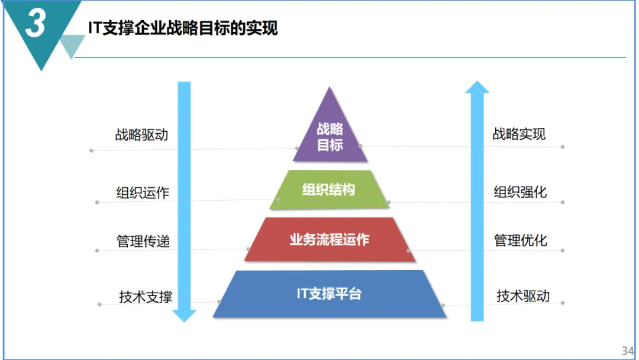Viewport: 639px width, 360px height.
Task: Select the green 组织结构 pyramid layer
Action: tap(329, 189)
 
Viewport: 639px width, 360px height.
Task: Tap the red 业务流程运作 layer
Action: tap(330, 239)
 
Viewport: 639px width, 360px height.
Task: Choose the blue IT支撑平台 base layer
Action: tap(330, 294)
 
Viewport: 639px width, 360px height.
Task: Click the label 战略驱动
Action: tap(141, 134)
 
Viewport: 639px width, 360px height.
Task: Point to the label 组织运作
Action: tap(143, 192)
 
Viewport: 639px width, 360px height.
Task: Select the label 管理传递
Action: tap(143, 242)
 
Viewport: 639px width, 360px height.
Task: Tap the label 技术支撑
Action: tap(146, 297)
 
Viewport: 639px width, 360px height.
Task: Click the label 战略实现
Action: tap(519, 134)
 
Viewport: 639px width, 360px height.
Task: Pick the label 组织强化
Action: tap(521, 192)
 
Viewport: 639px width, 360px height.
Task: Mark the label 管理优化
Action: tap(521, 240)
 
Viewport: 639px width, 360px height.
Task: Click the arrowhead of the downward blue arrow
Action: tap(185, 315)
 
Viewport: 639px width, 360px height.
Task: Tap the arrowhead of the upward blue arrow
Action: tap(477, 88)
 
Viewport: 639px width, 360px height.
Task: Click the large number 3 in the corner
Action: tap(35, 25)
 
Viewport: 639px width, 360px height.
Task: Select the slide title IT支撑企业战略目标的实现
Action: tap(183, 28)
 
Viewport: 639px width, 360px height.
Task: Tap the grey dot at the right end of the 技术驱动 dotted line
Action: tap(563, 303)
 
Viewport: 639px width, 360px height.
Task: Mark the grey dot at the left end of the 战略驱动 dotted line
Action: tap(91, 150)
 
